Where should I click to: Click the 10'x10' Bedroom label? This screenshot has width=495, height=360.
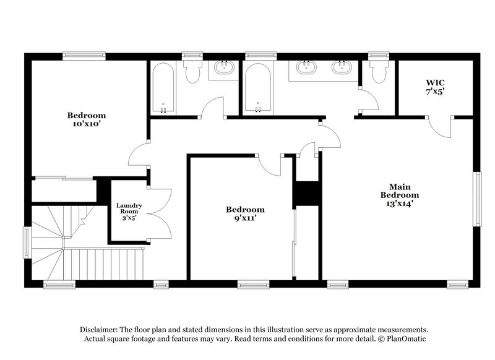[x=86, y=119]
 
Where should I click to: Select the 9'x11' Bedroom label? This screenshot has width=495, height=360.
[x=245, y=214]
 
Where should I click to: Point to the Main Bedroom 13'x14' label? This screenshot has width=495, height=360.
[x=396, y=194]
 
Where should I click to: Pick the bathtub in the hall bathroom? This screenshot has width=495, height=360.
[x=163, y=88]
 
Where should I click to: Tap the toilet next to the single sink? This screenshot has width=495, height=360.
[x=191, y=72]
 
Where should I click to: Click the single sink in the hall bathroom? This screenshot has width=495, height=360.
[x=223, y=68]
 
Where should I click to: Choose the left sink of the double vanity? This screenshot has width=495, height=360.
[x=304, y=67]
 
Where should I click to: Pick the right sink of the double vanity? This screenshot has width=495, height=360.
[x=340, y=67]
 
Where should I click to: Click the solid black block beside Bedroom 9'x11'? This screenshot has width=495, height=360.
[x=307, y=193]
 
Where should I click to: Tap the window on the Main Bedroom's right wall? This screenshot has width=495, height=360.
[x=477, y=199]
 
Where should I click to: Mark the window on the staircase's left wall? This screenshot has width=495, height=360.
[x=26, y=242]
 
